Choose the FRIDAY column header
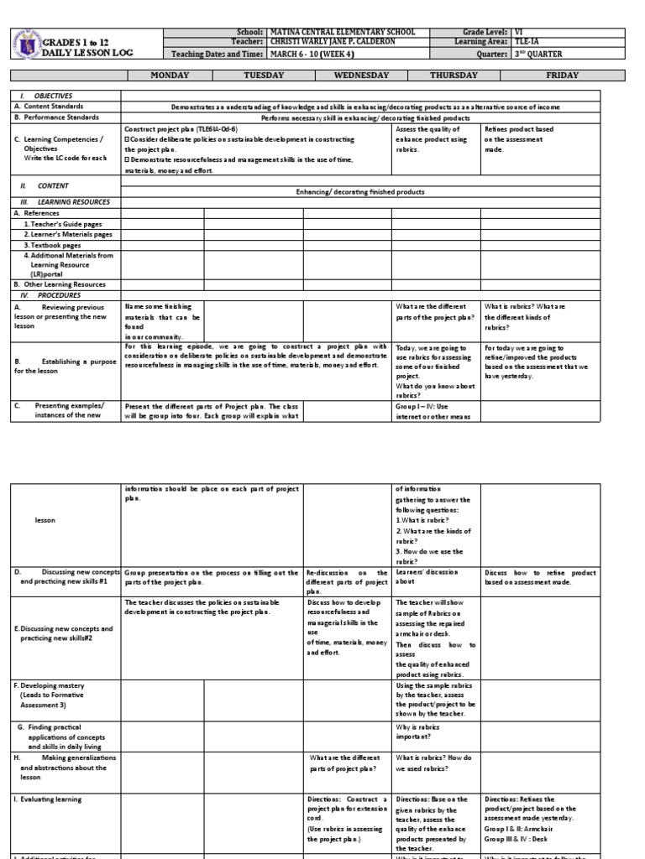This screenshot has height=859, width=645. (562, 75)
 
